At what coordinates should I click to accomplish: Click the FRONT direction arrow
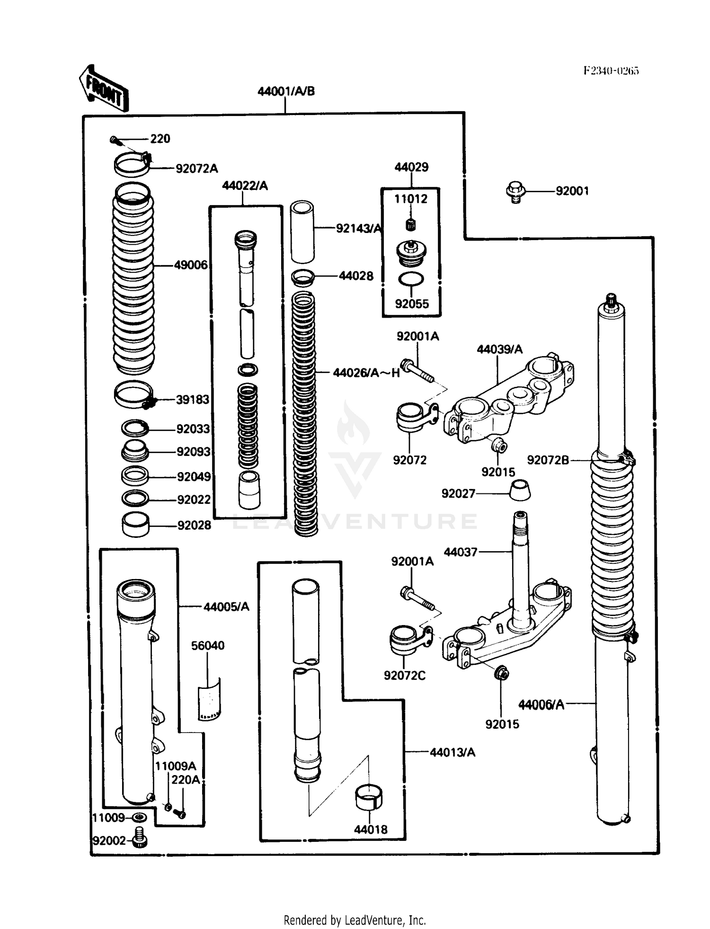104,89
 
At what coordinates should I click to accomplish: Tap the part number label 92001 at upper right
572,191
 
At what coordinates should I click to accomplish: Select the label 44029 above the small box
411,167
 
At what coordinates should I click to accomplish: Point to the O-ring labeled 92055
410,279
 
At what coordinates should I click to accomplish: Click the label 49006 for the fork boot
190,265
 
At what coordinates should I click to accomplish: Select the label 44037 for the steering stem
460,552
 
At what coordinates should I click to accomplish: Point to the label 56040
207,646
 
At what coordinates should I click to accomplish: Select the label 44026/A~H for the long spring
366,373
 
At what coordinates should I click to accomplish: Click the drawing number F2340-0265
611,71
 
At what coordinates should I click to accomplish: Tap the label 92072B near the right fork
548,460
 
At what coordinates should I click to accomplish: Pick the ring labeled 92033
135,429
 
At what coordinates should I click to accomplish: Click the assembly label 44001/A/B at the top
286,91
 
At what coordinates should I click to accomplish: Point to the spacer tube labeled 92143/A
302,232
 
